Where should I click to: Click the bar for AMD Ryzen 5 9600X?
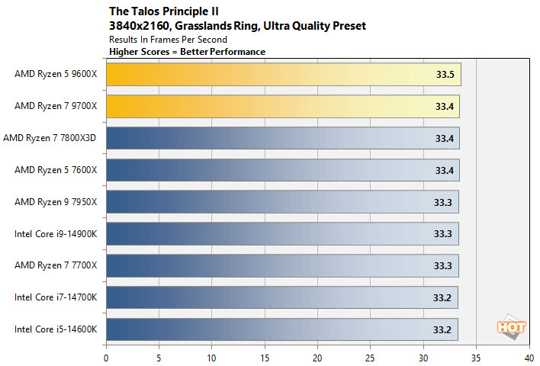[282, 75]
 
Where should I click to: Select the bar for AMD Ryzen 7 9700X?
[282, 107]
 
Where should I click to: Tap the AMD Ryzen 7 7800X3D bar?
[282, 138]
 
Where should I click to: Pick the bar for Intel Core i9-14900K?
[282, 233]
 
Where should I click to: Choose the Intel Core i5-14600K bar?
[282, 329]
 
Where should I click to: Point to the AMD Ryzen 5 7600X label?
[56, 170]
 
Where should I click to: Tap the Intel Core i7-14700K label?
[56, 297]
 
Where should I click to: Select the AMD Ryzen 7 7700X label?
[56, 265]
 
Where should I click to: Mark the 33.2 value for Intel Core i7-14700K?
[442, 297]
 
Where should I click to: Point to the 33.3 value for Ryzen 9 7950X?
[443, 202]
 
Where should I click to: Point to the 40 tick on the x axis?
[528, 355]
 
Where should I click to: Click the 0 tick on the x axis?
[106, 355]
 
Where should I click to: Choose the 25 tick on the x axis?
[370, 355]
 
